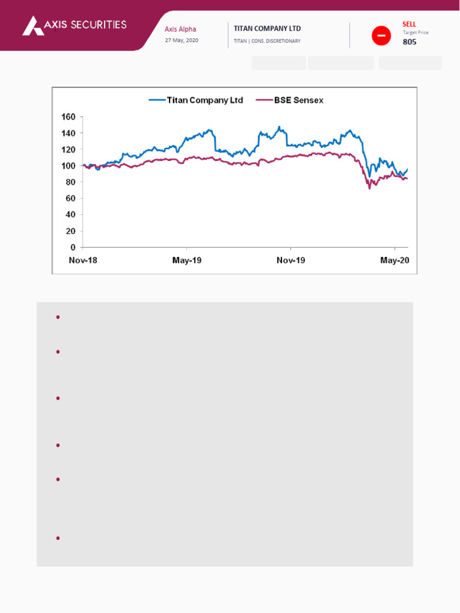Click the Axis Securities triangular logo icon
click(x=33, y=25)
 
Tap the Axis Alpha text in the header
click(x=180, y=29)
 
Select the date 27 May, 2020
click(x=181, y=40)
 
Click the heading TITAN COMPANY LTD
click(x=267, y=29)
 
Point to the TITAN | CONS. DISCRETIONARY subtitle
click(x=267, y=41)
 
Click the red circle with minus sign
click(x=381, y=36)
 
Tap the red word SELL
click(x=409, y=24)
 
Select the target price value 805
click(x=410, y=42)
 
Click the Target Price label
click(x=416, y=32)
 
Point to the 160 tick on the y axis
click(x=69, y=117)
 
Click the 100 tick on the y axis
click(x=69, y=166)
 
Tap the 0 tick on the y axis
click(x=73, y=247)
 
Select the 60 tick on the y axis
click(x=71, y=198)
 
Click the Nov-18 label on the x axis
click(x=83, y=260)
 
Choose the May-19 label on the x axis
click(x=187, y=260)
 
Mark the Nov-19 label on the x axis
click(x=290, y=260)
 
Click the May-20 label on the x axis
click(x=395, y=260)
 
